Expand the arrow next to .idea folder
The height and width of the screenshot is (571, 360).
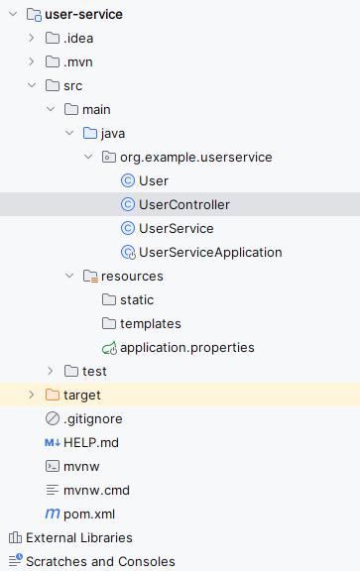pyautogui.click(x=31, y=38)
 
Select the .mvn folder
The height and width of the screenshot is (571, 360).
pyautogui.click(x=78, y=61)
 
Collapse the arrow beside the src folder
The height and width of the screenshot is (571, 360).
pyautogui.click(x=31, y=85)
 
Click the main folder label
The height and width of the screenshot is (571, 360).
pyautogui.click(x=96, y=109)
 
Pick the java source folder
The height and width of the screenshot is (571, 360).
pyautogui.click(x=112, y=133)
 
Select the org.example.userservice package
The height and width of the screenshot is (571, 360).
pyautogui.click(x=195, y=157)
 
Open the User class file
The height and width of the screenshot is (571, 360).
pyautogui.click(x=154, y=180)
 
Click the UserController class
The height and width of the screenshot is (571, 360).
pyautogui.click(x=184, y=204)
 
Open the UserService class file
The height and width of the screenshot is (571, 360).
pyautogui.click(x=177, y=228)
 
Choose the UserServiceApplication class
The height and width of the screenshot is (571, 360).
pyautogui.click(x=210, y=252)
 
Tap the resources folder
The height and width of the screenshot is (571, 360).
pyautogui.click(x=131, y=276)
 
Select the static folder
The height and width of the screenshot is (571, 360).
pyautogui.click(x=137, y=299)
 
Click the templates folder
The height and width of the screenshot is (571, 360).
pyautogui.click(x=150, y=323)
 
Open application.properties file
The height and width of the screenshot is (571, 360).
pyautogui.click(x=186, y=347)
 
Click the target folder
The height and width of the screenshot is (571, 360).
pyautogui.click(x=81, y=395)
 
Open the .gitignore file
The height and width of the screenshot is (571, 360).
pyautogui.click(x=92, y=418)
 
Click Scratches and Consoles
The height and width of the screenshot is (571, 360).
pyautogui.click(x=100, y=561)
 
